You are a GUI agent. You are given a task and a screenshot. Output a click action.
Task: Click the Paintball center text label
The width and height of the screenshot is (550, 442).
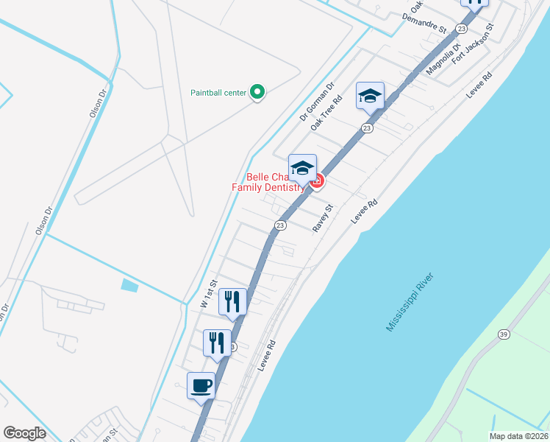[218, 93]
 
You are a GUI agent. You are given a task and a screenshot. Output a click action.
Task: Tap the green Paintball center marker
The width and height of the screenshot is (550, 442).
[257, 92]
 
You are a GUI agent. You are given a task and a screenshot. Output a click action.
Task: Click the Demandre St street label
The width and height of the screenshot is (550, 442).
[425, 23]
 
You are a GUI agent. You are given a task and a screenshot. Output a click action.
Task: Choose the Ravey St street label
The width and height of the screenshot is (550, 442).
[324, 218]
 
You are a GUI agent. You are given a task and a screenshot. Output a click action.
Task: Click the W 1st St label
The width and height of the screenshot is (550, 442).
[210, 293]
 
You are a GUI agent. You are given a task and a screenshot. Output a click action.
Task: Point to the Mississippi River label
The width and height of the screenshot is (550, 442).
[410, 301]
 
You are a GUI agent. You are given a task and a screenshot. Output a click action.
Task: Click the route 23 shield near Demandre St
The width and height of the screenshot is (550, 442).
[461, 28]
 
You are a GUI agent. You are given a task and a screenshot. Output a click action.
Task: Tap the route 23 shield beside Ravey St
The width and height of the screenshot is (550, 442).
[280, 225]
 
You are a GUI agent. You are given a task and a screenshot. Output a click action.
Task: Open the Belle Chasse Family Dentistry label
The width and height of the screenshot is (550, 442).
[268, 182]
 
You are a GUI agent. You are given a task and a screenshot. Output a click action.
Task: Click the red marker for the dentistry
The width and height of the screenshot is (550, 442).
[317, 180]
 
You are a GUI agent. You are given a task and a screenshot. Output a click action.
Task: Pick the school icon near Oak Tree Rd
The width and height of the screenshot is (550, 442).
[370, 96]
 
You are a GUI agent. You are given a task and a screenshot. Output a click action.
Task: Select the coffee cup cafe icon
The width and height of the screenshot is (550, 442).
[201, 385]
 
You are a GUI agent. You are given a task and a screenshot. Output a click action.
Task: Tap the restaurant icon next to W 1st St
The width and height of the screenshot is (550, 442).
[232, 301]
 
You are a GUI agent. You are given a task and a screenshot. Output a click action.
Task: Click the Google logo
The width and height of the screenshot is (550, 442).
[24, 433]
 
